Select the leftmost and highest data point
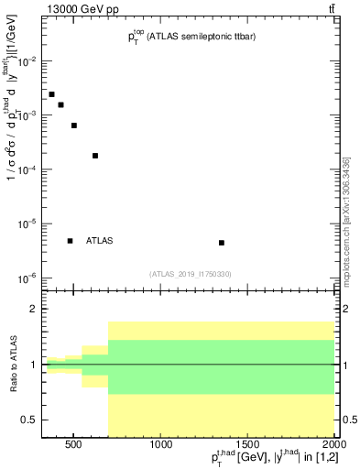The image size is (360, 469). (51, 94)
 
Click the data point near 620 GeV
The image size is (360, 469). (95, 156)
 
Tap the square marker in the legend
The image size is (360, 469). (70, 241)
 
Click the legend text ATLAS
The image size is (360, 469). (99, 241)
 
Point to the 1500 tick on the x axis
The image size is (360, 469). (248, 446)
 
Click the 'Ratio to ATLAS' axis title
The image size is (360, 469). (13, 364)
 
